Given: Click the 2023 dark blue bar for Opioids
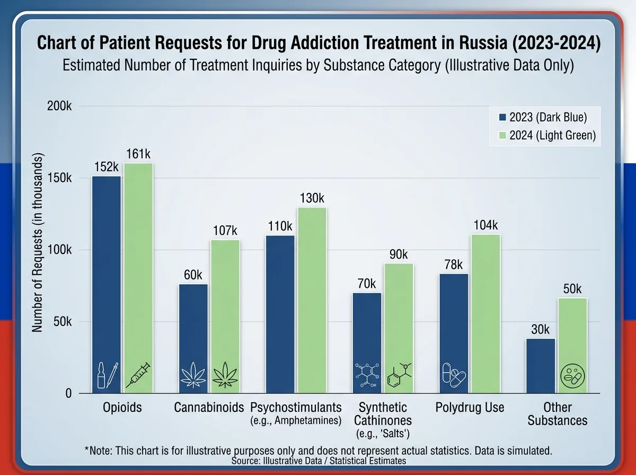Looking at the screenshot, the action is [x=107, y=285].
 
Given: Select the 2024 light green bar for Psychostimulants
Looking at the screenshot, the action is [x=312, y=300].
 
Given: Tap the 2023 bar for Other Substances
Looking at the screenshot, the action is [x=541, y=366].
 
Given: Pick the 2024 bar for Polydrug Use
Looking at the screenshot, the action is [x=485, y=314].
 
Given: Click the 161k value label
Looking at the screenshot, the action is [x=138, y=154].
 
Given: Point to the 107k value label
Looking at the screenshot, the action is [x=225, y=231].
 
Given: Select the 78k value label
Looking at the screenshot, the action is [x=454, y=265].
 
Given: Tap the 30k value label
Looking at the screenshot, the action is [x=540, y=329].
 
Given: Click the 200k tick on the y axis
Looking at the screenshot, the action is [x=59, y=106].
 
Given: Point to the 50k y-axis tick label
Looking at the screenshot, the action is [x=63, y=322].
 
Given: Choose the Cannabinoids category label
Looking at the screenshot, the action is [x=209, y=407].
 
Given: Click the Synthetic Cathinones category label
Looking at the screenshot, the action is [x=383, y=414].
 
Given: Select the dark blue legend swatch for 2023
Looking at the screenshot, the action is [x=502, y=117].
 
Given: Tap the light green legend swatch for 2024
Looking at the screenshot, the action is [x=502, y=135].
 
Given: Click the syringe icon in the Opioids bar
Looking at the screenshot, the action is [x=138, y=375].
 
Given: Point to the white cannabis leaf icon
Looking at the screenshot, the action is [x=193, y=375].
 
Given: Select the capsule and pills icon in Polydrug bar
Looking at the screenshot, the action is [x=454, y=375].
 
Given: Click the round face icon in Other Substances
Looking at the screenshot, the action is [x=572, y=376].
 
